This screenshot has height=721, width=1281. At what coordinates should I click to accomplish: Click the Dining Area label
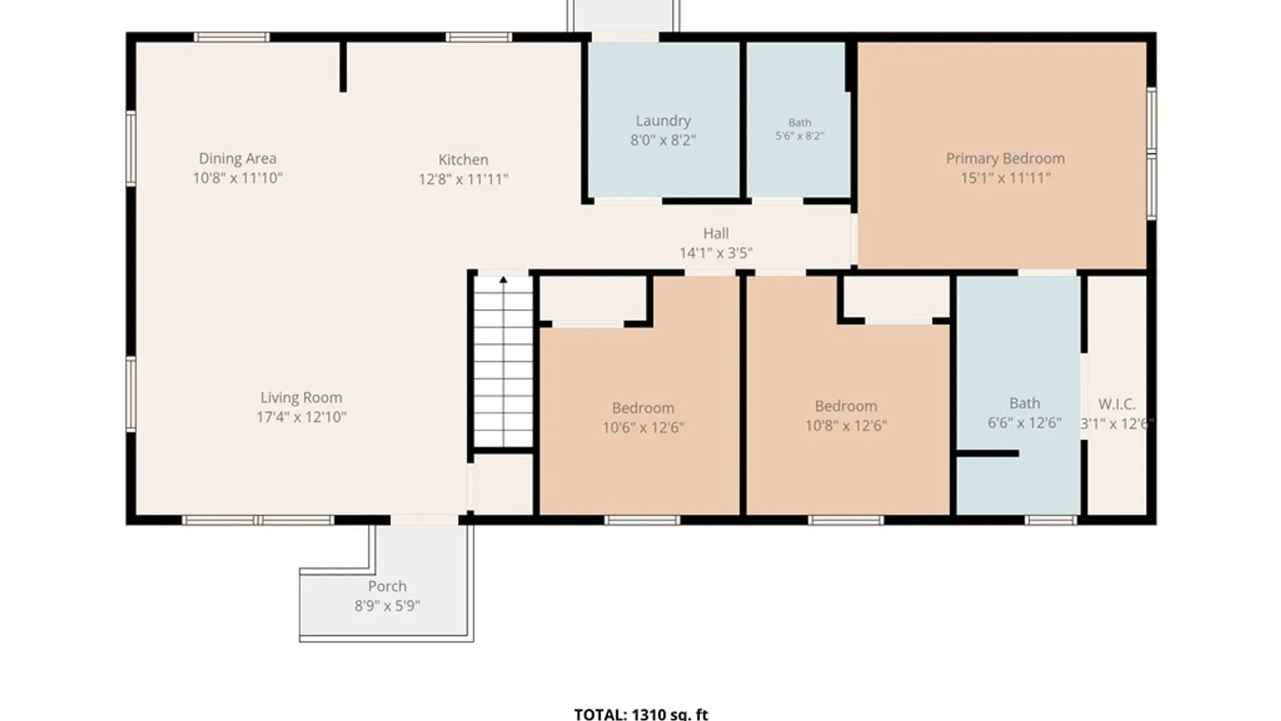click(238, 158)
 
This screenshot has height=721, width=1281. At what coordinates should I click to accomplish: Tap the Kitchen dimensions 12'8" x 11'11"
click(464, 179)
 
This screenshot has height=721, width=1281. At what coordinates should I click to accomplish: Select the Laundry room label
click(663, 121)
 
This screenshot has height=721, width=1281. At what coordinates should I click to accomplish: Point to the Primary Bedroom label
click(1005, 158)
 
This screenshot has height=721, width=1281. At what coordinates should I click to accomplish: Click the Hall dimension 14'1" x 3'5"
click(716, 253)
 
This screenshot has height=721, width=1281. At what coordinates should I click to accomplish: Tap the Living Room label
click(301, 397)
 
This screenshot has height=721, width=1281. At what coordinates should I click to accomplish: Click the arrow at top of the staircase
click(504, 280)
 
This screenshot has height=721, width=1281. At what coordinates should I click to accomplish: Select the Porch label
click(387, 586)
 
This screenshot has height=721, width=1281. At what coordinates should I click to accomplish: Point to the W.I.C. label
click(1117, 404)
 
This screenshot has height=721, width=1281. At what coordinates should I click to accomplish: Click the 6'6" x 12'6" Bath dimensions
click(1024, 423)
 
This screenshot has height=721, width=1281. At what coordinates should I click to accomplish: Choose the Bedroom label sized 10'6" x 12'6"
click(643, 408)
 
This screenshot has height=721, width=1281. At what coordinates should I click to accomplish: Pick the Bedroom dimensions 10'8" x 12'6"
click(846, 425)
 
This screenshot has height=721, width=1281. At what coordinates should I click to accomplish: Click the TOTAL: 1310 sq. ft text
click(641, 714)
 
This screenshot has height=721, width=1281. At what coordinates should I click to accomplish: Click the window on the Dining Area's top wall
click(232, 37)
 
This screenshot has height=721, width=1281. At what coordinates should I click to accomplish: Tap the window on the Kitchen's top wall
click(479, 37)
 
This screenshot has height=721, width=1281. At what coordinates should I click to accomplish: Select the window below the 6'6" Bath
click(1051, 520)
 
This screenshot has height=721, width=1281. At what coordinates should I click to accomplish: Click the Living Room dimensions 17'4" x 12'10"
click(301, 417)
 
